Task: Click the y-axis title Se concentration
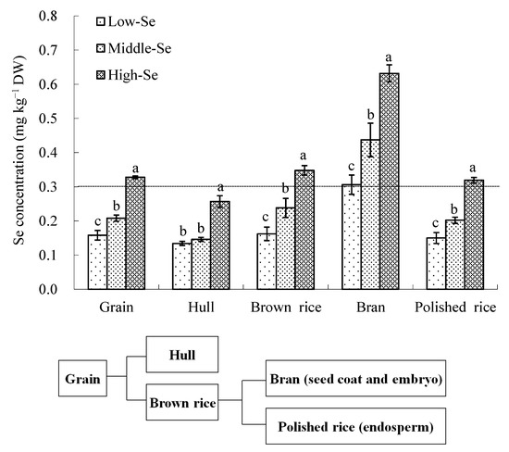19,153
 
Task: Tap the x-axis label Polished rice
453,307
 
